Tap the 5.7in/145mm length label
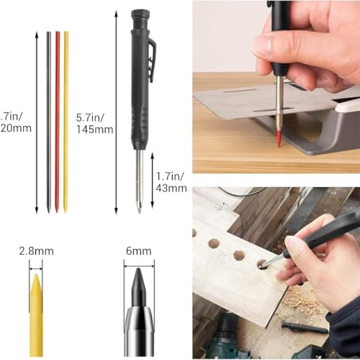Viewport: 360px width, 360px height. click(x=94, y=122)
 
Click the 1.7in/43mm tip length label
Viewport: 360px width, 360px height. click(x=170, y=179)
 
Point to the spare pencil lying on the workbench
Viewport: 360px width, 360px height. click(x=303, y=328)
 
